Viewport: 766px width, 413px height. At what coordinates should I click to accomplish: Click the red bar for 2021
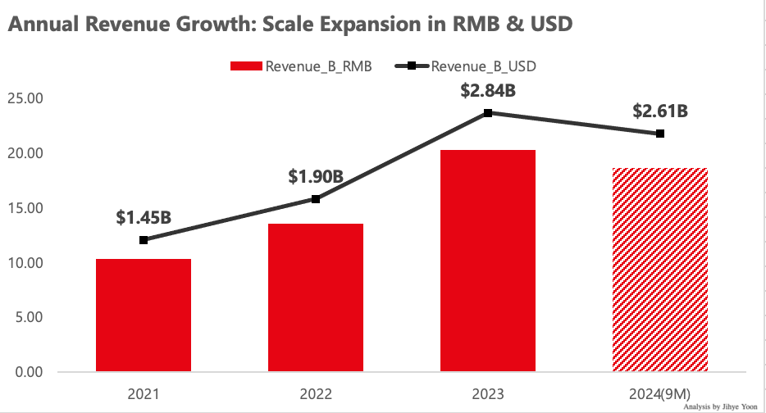(x=144, y=315)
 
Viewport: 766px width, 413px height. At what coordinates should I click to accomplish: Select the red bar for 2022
(x=316, y=297)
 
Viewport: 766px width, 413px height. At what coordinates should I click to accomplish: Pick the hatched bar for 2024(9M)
(x=660, y=270)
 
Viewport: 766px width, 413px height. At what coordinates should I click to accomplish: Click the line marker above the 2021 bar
(x=144, y=240)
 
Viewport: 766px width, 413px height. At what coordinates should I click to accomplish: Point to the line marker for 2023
(x=488, y=112)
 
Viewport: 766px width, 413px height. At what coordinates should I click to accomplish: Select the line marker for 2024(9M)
(x=660, y=134)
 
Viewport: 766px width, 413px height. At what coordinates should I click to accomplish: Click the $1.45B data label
(x=144, y=217)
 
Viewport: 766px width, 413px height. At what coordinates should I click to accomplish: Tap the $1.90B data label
(x=316, y=176)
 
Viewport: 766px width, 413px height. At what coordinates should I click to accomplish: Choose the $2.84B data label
(x=488, y=90)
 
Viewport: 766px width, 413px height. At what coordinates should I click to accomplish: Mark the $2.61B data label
(x=660, y=111)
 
